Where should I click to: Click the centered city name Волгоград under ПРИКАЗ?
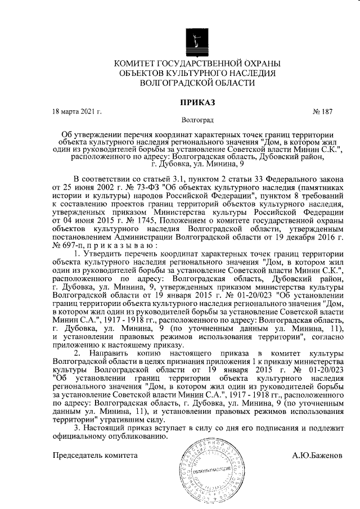[x=197, y=120]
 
